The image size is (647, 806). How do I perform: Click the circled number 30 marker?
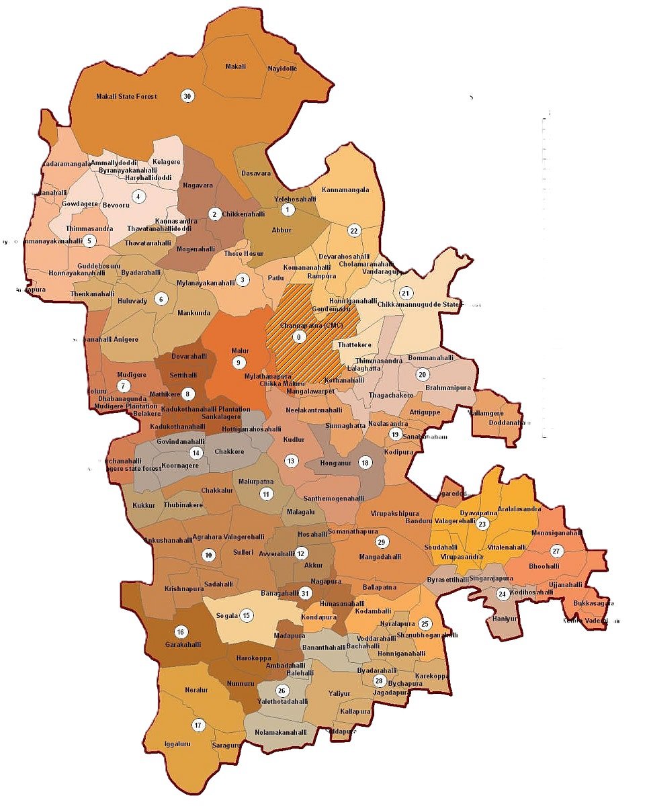pos(187,96)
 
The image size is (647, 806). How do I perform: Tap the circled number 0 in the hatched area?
pos(300,336)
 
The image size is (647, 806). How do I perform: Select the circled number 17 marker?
pos(198,725)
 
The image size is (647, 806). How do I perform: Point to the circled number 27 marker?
pos(556,551)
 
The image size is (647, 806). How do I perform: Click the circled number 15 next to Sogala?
pos(247,615)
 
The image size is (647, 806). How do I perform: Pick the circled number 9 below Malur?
pos(238,363)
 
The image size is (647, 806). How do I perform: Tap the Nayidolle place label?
pos(282,69)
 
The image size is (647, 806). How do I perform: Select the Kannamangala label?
pos(345,190)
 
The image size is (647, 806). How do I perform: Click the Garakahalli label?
pos(183,644)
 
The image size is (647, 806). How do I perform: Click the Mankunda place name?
pos(194,313)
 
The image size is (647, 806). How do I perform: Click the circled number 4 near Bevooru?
pos(138,197)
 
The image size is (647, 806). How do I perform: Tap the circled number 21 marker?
pos(404,294)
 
